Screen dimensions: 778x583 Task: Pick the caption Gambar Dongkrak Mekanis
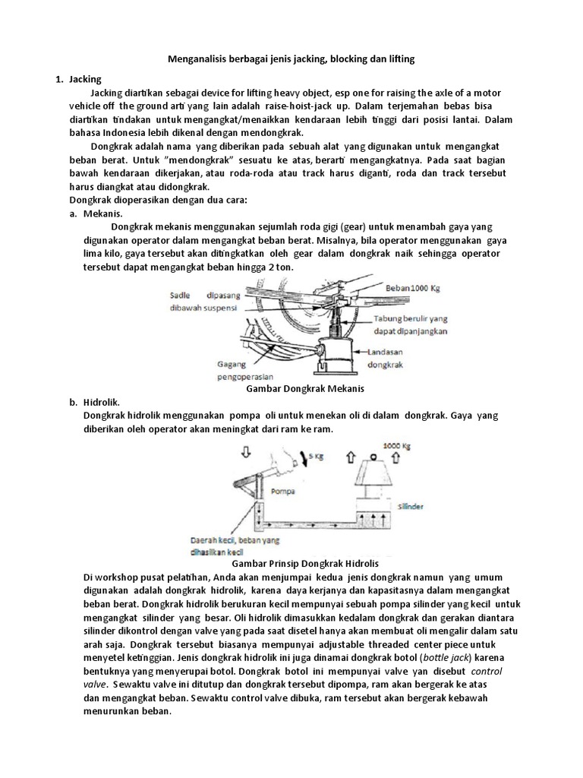(x=307, y=388)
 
